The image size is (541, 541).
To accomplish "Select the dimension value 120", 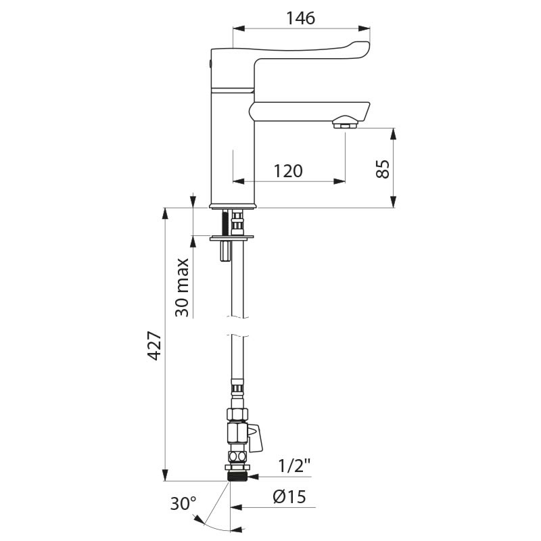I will (x=288, y=171).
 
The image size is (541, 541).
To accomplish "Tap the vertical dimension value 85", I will (x=383, y=168).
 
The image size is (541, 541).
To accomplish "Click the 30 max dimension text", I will (x=181, y=287).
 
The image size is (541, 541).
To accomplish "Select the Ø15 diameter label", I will (x=289, y=497).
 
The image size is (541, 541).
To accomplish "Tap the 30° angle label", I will (x=183, y=504).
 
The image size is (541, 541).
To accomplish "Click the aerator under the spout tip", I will (x=346, y=124).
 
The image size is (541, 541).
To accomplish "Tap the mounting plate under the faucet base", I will (x=231, y=237).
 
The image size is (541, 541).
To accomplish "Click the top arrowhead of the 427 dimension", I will (x=165, y=212).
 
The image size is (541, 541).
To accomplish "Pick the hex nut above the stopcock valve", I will (x=237, y=414).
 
